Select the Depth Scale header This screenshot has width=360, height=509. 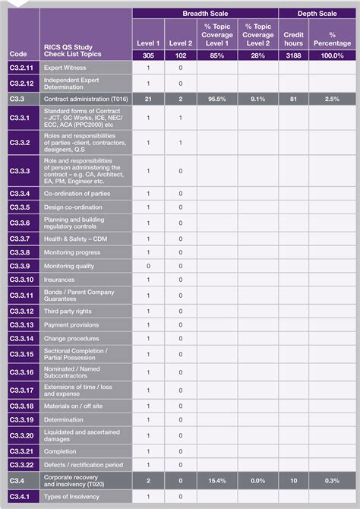pos(317,14)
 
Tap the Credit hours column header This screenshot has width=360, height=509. pos(294,39)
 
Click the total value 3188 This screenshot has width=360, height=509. pos(294,55)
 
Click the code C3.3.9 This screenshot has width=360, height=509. pos(21,266)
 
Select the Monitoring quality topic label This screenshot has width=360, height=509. pos(69,266)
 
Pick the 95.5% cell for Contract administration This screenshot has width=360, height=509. pos(218,99)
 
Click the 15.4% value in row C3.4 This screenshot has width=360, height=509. pos(218,481)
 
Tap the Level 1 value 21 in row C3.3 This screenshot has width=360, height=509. pos(148,99)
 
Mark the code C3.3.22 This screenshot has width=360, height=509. pos(22,464)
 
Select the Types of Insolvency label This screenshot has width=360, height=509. pos(73,497)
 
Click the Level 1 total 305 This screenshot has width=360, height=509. pos(148,55)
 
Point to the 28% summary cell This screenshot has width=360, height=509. pos(257,55)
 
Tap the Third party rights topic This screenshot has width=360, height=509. pos(68,311)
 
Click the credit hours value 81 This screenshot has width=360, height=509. pos(294,99)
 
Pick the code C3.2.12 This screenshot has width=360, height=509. pos(22,84)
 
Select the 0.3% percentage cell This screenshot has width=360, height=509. pos(333,481)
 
